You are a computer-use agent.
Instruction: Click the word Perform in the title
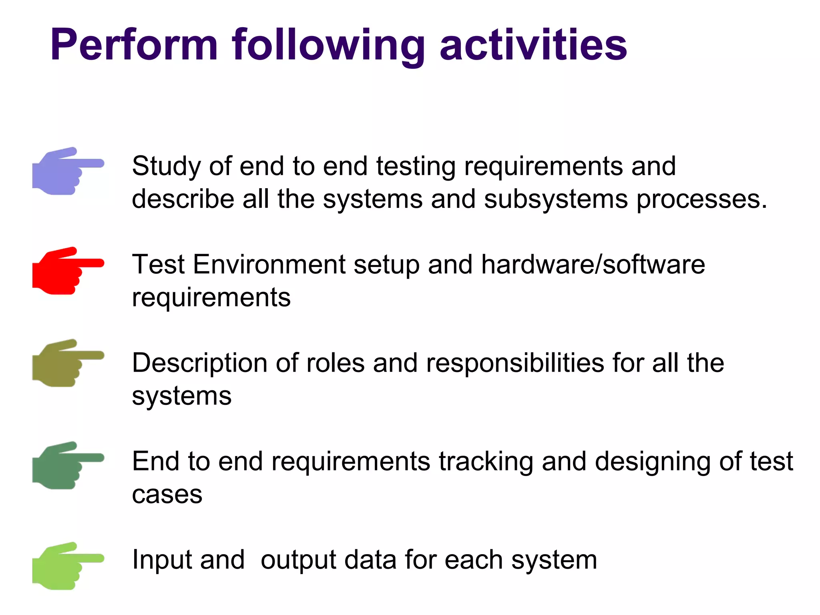pyautogui.click(x=134, y=45)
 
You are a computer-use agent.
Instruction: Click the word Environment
pyautogui.click(x=269, y=265)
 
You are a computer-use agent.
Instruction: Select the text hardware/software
pyautogui.click(x=593, y=265)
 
